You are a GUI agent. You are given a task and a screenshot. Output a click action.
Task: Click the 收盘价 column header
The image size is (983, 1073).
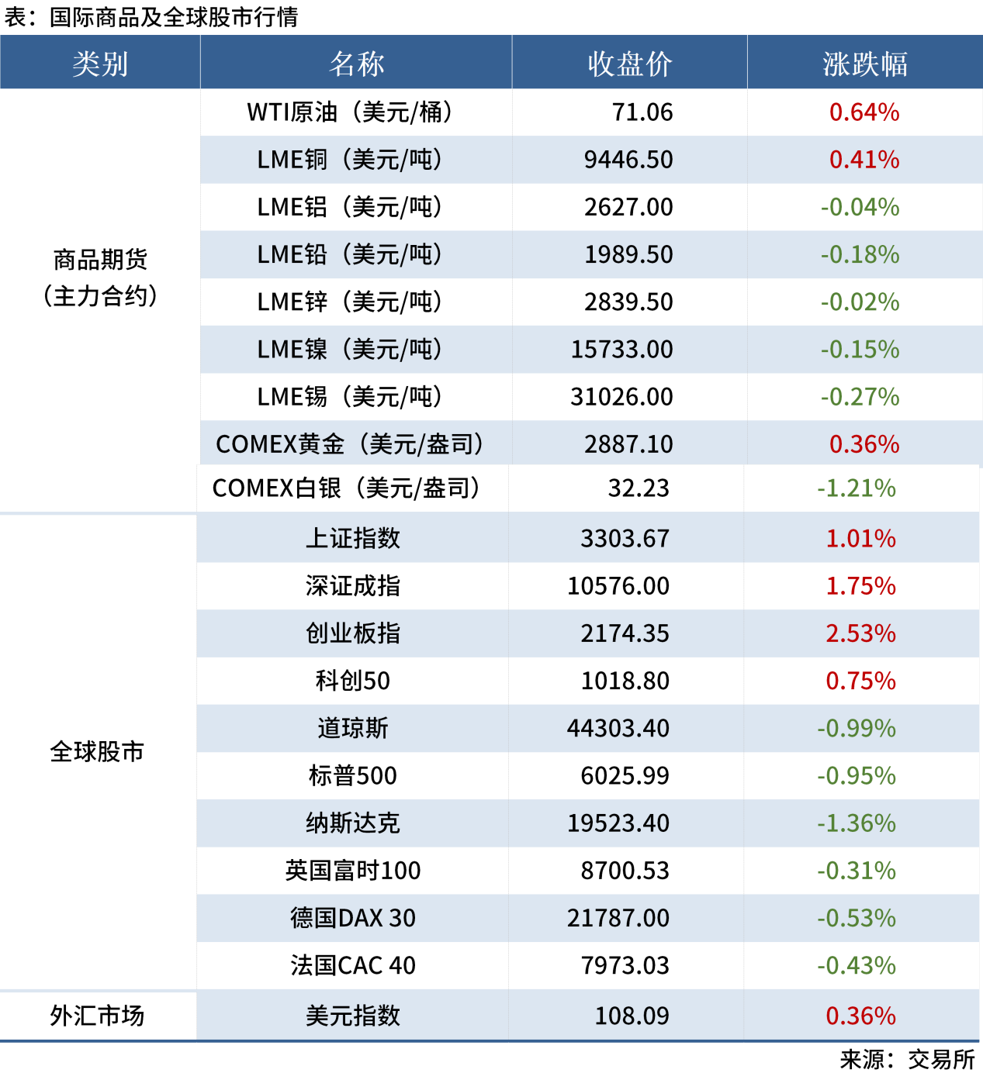629,64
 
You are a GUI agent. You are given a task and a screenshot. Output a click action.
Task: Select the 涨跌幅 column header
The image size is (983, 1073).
864,64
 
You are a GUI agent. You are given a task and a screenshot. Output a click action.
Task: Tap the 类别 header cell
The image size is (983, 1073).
100,64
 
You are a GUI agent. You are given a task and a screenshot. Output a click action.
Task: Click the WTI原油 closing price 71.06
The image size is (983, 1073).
642,112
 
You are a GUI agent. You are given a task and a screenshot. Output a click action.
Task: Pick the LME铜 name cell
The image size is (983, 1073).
350,160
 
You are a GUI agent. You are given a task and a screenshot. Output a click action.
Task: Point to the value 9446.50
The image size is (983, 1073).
628,160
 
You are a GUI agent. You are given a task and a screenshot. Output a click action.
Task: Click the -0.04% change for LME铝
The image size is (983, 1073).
860,207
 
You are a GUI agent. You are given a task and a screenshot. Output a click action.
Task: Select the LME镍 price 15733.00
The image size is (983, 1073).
621,350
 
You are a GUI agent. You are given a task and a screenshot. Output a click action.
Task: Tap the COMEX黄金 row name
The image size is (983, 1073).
350,444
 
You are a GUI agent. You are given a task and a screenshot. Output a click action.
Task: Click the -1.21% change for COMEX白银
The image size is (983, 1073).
856,488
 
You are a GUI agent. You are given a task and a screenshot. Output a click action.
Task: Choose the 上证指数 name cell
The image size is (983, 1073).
353,539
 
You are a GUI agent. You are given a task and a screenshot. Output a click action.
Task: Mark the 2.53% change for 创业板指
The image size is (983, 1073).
860,633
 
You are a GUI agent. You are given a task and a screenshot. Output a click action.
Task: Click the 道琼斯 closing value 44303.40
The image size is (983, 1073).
618,729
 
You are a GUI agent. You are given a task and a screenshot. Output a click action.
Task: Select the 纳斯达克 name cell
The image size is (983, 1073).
353,823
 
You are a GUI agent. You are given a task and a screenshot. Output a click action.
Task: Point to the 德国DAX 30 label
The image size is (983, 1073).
353,918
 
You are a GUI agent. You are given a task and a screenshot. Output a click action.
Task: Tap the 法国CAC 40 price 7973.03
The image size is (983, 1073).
625,965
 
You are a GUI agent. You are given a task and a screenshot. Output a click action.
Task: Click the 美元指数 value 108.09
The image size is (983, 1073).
632,1016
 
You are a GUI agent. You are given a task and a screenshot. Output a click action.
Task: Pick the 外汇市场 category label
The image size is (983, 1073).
97,1016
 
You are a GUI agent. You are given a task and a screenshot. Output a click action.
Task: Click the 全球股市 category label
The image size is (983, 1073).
97,752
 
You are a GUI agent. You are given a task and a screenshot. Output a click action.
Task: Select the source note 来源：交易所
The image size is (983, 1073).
907,1059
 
